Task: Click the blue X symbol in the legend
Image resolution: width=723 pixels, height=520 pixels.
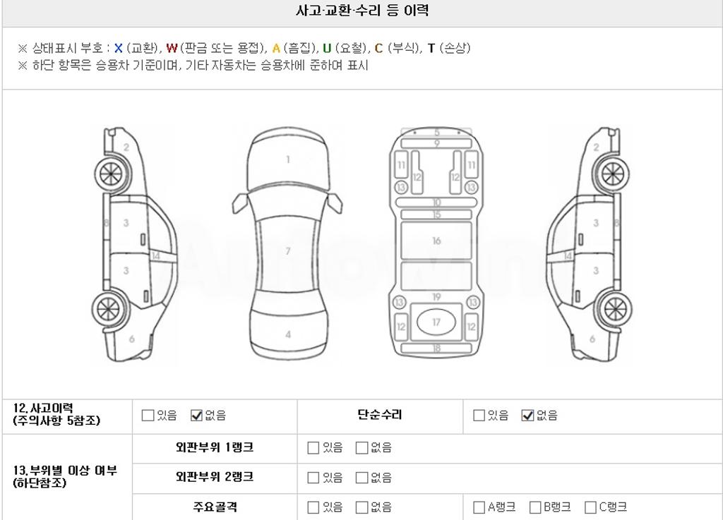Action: (x=119, y=48)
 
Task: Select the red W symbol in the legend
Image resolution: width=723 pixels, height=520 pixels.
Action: (x=172, y=48)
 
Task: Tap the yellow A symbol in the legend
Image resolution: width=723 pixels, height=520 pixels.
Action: (x=276, y=48)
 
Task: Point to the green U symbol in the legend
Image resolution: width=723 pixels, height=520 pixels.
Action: (x=327, y=48)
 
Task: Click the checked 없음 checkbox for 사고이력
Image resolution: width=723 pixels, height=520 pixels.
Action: (x=196, y=416)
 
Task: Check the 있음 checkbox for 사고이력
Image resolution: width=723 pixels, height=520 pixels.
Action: (x=148, y=416)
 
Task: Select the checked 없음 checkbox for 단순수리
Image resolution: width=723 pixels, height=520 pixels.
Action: (x=527, y=416)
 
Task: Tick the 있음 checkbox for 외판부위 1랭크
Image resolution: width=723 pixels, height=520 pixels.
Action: (x=313, y=448)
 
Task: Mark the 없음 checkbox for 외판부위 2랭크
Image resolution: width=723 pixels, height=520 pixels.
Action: (x=362, y=478)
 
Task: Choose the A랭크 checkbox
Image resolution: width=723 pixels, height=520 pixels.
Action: (x=479, y=507)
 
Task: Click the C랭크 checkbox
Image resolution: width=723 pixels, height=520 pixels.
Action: (x=590, y=507)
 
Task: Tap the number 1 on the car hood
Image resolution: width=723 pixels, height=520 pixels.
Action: (x=288, y=159)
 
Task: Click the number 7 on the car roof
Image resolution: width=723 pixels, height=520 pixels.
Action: (x=288, y=251)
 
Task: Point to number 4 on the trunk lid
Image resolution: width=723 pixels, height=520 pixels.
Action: (x=288, y=334)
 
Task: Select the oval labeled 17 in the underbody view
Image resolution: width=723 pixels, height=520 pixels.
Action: (x=436, y=322)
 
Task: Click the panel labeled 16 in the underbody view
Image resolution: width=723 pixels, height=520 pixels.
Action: (x=436, y=241)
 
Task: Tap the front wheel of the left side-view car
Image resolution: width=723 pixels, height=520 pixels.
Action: (x=111, y=174)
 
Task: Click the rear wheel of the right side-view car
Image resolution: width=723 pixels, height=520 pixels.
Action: (x=615, y=309)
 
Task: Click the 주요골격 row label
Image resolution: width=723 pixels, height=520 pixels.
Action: (x=215, y=507)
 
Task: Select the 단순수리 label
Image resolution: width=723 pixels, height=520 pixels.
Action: (x=380, y=415)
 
